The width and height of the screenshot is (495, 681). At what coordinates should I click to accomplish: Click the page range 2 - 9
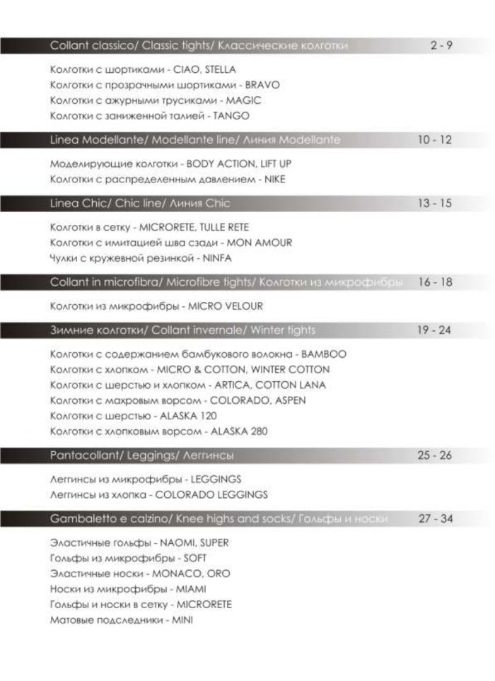441,46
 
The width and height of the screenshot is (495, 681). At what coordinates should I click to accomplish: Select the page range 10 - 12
433,140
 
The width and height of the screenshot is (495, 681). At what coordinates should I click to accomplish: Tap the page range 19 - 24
433,330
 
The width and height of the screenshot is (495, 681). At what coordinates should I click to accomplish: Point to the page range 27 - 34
435,518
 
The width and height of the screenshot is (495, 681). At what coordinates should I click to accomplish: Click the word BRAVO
262,85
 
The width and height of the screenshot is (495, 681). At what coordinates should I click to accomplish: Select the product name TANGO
233,116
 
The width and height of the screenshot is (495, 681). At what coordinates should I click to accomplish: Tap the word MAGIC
243,100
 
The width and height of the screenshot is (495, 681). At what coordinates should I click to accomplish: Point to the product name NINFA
217,259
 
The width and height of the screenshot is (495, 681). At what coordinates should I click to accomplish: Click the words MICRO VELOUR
226,306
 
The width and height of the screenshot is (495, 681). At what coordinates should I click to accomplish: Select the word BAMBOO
324,354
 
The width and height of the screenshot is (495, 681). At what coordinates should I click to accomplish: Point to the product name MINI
182,620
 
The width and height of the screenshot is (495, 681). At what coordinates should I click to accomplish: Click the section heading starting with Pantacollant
142,455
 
